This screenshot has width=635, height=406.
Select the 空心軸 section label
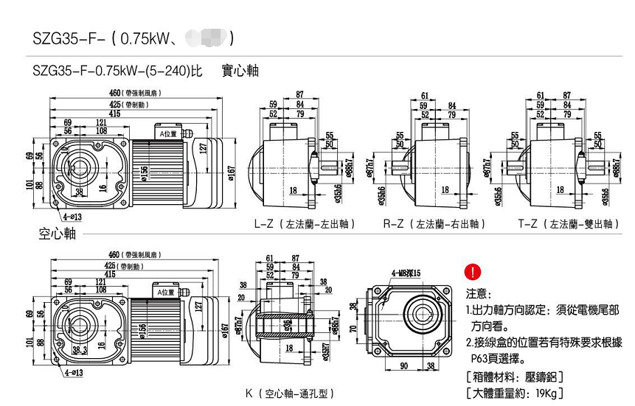coord(57,234)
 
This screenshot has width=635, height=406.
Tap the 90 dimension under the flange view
coord(404,365)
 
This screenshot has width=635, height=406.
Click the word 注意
coord(479,293)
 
